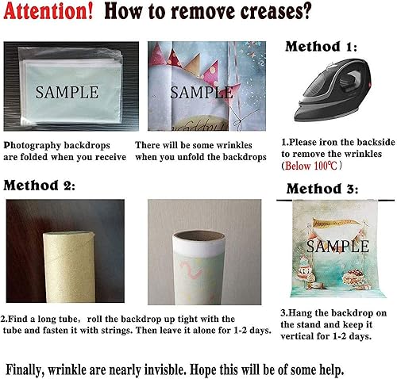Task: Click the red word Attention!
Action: pyautogui.click(x=48, y=11)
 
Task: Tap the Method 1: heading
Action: pyautogui.click(x=321, y=47)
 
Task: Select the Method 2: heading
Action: pyautogui.click(x=39, y=185)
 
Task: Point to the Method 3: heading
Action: pyautogui.click(x=322, y=189)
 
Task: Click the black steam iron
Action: pyautogui.click(x=333, y=90)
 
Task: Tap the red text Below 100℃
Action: pyautogui.click(x=311, y=166)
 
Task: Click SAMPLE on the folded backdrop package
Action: pyautogui.click(x=67, y=92)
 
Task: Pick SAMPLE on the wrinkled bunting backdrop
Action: pyautogui.click(x=201, y=93)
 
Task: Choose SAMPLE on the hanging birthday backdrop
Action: pyautogui.click(x=337, y=247)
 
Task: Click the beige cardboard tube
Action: pyautogui.click(x=69, y=267)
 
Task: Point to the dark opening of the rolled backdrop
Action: pyautogui.click(x=198, y=235)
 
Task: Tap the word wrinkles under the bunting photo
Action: pyautogui.click(x=234, y=145)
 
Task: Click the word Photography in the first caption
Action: pyautogui.click(x=33, y=146)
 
